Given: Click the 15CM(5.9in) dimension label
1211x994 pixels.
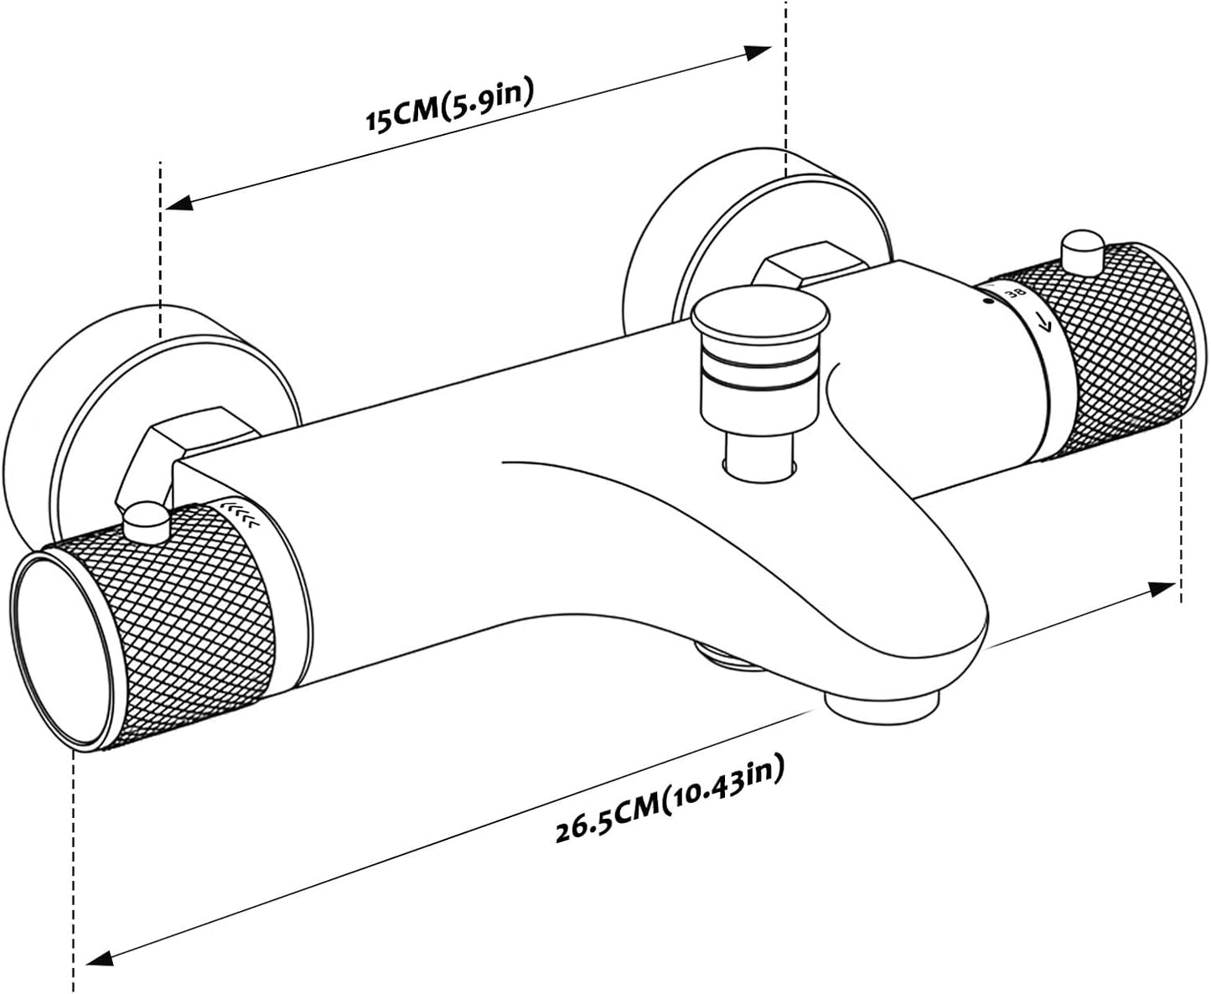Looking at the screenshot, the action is [450, 105].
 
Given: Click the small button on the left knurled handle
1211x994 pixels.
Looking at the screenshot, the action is [147, 521].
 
